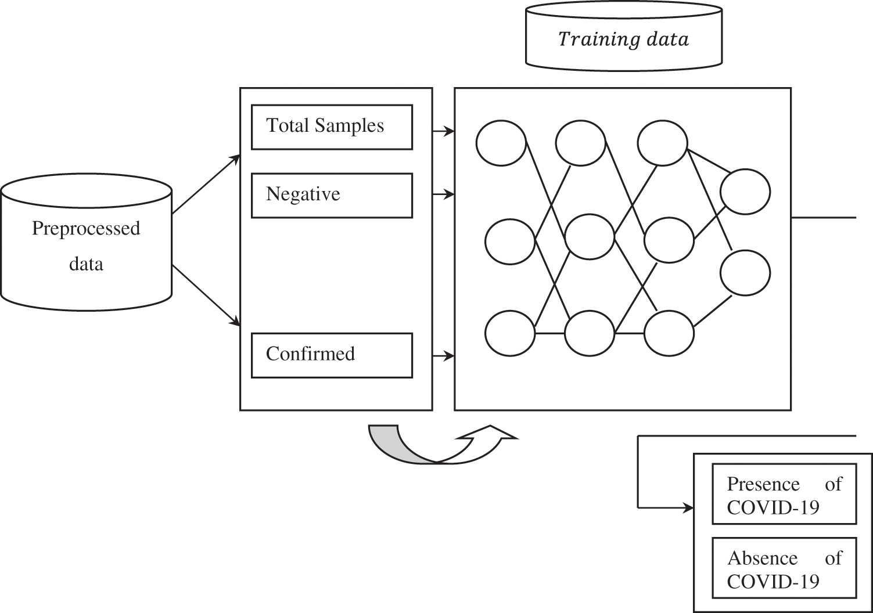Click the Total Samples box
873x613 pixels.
coord(332,127)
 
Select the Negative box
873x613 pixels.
coord(332,195)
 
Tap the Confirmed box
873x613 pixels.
coord(332,355)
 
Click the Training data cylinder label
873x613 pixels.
coord(623,39)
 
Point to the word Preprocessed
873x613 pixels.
coord(86,228)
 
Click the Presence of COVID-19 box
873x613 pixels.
coord(784,494)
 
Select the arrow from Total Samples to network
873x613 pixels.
coord(444,132)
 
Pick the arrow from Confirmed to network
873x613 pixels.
coord(444,356)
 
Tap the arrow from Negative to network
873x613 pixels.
coord(444,195)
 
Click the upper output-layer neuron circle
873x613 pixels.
coord(745,192)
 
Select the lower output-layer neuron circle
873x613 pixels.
coord(745,273)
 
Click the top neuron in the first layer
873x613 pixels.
coord(501,143)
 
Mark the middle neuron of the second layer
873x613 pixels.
coord(590,236)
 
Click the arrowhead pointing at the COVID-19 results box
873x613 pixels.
coord(688,508)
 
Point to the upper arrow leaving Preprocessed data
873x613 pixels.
coord(206,184)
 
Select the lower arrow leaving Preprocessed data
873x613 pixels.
coord(206,296)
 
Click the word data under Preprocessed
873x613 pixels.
coord(86,264)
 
